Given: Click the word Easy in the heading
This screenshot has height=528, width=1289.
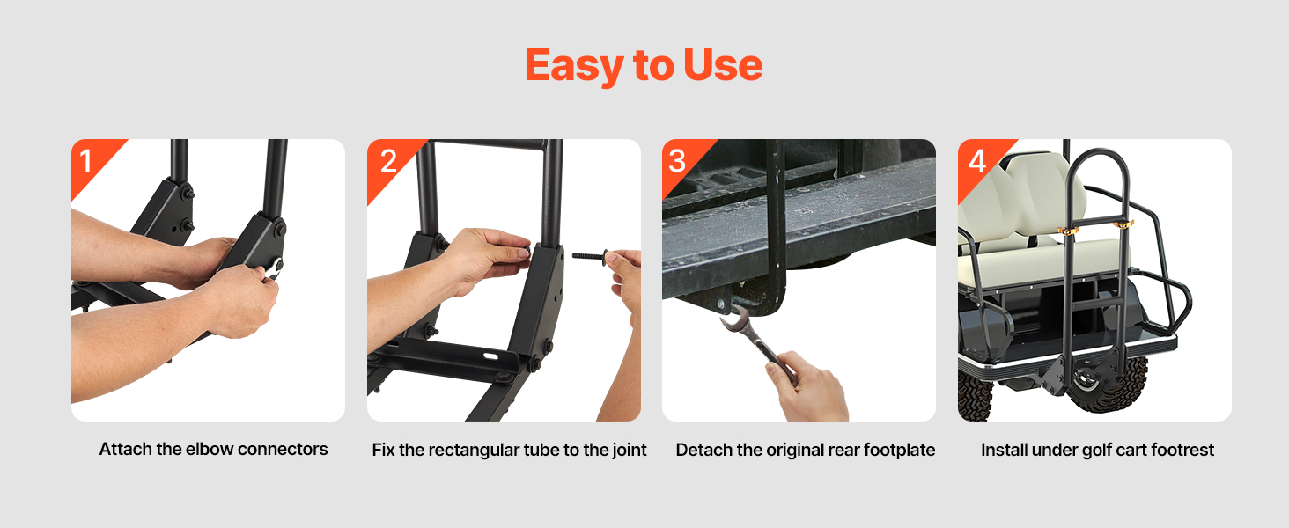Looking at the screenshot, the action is point(574,66).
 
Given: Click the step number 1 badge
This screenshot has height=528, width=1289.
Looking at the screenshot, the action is point(86,160).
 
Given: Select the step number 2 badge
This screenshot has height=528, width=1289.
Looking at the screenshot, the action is point(388,161).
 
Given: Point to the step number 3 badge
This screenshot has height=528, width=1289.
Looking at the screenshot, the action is point(677,161).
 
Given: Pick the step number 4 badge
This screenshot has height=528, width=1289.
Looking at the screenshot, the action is point(977,161).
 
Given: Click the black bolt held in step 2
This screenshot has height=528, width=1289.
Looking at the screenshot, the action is point(591,255).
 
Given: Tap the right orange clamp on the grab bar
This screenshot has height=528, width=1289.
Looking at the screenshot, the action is point(1123,224).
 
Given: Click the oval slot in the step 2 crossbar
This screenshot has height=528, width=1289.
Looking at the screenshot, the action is point(490,356).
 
